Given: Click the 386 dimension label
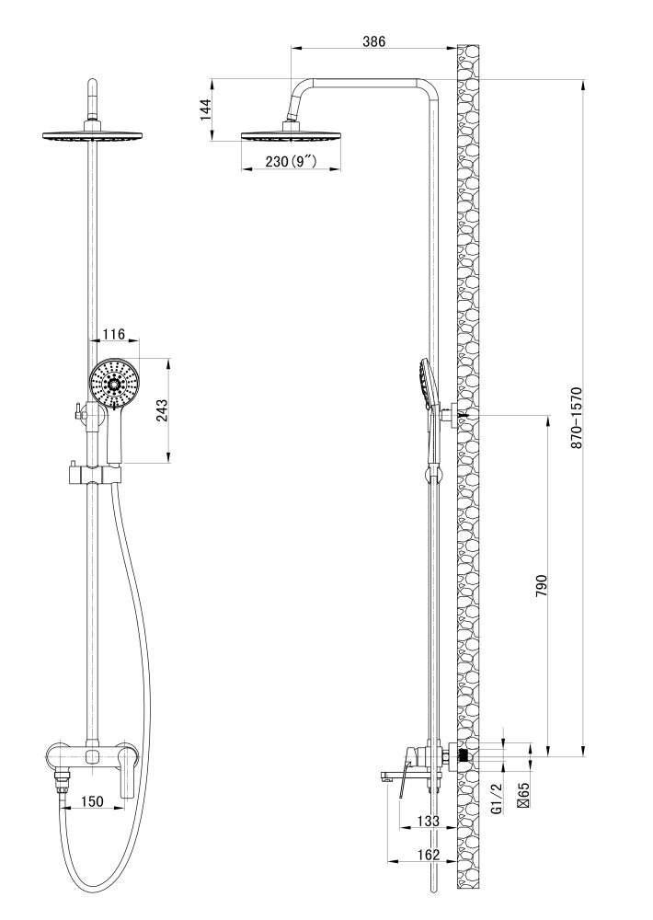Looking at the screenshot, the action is point(373,41).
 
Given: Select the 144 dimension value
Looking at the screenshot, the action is point(205,109).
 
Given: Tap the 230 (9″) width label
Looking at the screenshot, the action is point(291,161).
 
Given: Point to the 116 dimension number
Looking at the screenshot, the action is point(113,334).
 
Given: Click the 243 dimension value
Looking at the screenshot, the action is point(162,410).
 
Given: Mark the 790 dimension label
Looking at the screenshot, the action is point(541,586).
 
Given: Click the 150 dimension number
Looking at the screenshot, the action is point(92,801).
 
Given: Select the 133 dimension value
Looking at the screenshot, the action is point(428,821).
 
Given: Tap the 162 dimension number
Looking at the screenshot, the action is point(428,855).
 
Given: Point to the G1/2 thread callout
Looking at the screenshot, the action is point(497,799).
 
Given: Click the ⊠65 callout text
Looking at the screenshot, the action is point(524,795).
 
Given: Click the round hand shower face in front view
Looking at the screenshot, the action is point(114,383).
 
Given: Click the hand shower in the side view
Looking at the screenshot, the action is point(428,410).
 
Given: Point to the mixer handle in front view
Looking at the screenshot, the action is point(128,774).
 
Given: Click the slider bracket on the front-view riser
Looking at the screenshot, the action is point(92,474).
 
